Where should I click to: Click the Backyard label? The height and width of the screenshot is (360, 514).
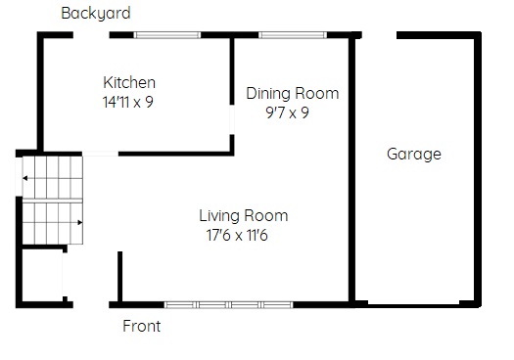[96, 14]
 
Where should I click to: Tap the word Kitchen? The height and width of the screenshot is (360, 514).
[129, 82]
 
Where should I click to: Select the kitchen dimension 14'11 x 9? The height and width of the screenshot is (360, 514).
[128, 102]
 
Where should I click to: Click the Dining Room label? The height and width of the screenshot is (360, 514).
[293, 93]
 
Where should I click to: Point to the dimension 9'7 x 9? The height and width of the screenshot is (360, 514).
[287, 112]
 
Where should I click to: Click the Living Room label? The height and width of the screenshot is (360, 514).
[244, 216]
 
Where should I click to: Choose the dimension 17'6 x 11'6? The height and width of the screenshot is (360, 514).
[237, 235]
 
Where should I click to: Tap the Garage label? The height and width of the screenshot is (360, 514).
[414, 155]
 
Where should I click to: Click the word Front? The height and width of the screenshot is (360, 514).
[142, 327]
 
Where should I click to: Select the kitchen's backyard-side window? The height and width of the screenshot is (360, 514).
[167, 35]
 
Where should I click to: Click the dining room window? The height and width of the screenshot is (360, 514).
[293, 35]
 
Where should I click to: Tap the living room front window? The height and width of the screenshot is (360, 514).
[228, 305]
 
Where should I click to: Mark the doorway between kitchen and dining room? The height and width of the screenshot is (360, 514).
[232, 119]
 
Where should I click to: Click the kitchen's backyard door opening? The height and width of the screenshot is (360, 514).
[91, 35]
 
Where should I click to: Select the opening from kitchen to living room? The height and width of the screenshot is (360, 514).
[100, 154]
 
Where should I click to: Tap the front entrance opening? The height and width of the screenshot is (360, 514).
[91, 305]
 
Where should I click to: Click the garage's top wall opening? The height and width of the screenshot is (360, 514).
[379, 35]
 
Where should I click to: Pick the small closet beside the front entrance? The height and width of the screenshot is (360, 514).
[42, 275]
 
